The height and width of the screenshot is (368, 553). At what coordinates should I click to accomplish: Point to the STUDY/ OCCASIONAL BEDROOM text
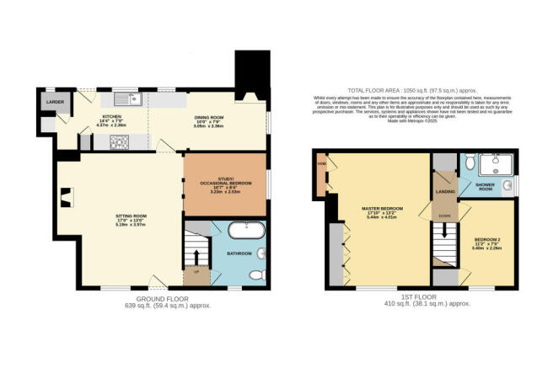point(224,181)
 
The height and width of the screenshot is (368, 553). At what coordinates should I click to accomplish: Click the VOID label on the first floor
point(321,164)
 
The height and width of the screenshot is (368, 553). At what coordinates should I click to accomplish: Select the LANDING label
point(445,190)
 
